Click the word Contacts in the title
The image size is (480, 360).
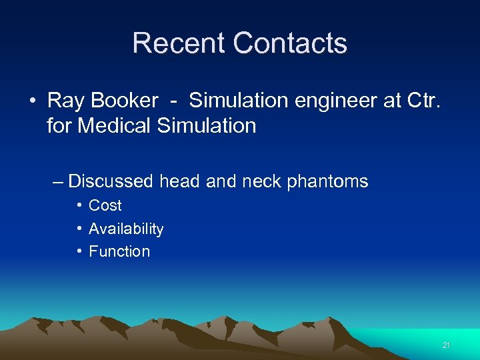(290, 43)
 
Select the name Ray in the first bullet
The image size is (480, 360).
(65, 101)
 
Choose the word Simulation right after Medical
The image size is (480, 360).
(206, 125)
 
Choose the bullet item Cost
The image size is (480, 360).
(105, 205)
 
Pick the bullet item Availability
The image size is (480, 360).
(126, 229)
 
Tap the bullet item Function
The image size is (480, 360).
(119, 251)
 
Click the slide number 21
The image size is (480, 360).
(446, 345)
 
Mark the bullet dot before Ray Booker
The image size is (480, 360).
(32, 101)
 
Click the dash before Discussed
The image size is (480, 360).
(57, 181)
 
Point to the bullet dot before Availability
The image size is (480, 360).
(79, 229)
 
